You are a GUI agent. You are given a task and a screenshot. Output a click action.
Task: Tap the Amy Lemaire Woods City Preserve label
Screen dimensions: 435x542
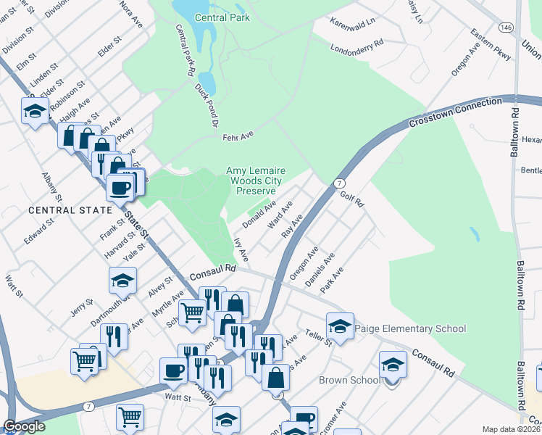click(256, 181)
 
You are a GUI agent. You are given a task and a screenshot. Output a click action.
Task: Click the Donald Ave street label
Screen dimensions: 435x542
click(258, 215)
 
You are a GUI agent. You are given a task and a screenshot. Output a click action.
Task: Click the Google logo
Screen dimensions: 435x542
click(24, 426)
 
